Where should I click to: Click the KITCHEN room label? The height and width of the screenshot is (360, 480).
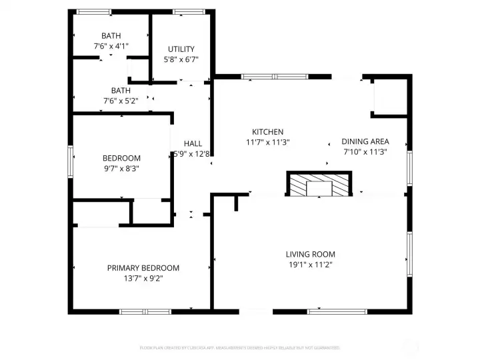267,132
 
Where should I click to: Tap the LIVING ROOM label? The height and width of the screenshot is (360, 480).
310,254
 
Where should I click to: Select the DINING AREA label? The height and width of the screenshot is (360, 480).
365,141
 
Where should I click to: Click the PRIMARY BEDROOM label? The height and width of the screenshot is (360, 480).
143,268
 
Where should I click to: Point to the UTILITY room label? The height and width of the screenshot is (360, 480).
181,49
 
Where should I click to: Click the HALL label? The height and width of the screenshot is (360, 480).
193,143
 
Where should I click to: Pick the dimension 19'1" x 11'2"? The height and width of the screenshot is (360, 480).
310,265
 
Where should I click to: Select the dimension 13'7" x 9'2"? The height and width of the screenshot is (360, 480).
143,279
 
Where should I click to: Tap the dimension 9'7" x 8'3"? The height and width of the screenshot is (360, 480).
121,169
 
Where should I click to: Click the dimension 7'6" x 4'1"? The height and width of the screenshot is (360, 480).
111,46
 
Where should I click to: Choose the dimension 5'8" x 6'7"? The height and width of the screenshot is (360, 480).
181,59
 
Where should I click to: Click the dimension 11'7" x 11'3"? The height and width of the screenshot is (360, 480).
267,142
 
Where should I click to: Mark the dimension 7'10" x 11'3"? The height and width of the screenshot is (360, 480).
365,152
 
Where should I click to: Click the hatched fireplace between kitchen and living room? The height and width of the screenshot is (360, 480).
319,185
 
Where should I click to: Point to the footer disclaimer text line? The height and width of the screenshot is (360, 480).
239,348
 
